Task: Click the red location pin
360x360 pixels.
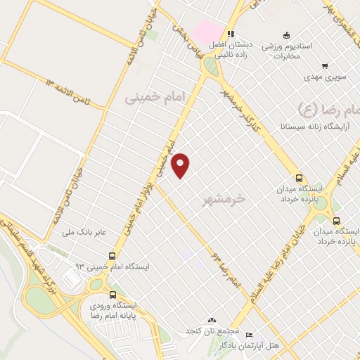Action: (x=181, y=165)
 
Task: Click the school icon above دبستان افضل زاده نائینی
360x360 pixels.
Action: (x=230, y=34)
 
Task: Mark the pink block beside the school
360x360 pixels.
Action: (x=207, y=31)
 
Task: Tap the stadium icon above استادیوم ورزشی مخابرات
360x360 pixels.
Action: (x=285, y=34)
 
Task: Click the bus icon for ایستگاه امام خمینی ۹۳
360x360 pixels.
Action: (x=112, y=256)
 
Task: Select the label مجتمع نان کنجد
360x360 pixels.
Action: (x=212, y=330)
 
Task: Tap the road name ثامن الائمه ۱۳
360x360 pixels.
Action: (x=70, y=94)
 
